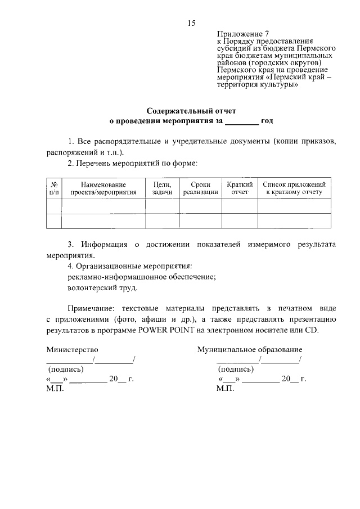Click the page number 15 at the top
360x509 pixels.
191,23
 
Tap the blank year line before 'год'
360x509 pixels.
242,121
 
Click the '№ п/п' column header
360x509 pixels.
55,188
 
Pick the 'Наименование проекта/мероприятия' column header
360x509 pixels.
103,188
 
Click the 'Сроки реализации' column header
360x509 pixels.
200,188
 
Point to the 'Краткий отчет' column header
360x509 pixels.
240,188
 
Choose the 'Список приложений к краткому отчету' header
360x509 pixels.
294,188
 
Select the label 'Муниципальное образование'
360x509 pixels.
250,350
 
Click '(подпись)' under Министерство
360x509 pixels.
66,370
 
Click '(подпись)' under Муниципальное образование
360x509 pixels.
235,370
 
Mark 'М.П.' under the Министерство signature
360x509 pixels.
56,389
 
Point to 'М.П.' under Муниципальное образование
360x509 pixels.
225,389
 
